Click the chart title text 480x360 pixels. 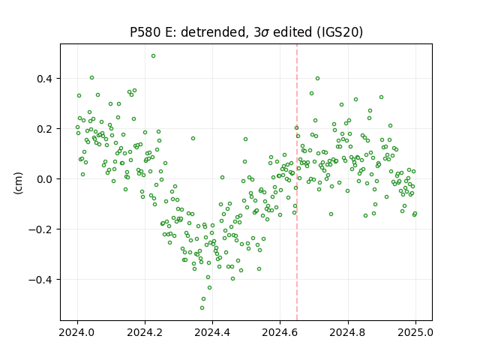246,32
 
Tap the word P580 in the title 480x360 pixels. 145,32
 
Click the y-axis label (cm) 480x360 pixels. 18,183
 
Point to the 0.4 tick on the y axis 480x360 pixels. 45,79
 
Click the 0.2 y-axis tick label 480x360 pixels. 45,129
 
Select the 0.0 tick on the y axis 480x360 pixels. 45,179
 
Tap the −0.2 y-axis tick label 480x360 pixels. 41,229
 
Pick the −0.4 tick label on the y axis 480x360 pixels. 41,280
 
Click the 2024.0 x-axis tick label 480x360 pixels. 77,332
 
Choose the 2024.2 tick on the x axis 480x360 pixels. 145,332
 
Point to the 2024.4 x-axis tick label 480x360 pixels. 212,332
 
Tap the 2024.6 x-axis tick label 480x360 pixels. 280,332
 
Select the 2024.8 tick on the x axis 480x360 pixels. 348,332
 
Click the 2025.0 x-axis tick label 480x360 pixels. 415,332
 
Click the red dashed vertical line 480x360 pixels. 297,182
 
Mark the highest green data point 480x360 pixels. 153,56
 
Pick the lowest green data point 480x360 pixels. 202,307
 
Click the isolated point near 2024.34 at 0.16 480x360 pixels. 193,138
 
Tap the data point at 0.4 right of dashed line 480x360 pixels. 317,78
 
